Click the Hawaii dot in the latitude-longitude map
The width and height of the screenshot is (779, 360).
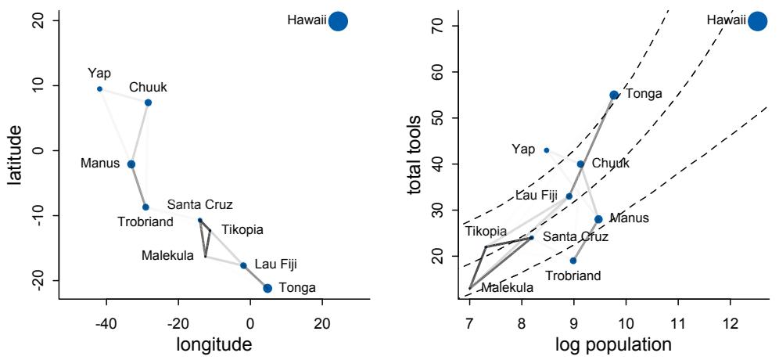[x=338, y=21]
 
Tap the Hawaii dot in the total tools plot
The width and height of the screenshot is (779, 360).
[x=756, y=21]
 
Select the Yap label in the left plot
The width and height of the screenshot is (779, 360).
[x=99, y=74]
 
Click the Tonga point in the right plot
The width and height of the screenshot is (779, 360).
[x=614, y=95]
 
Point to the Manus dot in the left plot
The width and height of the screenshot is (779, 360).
[x=131, y=164]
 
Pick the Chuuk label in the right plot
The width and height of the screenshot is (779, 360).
[x=610, y=164]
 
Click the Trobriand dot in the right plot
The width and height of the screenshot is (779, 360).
[x=573, y=261]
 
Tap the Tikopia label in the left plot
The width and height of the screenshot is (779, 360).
[x=242, y=229]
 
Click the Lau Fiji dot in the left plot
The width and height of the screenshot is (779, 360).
[x=243, y=265]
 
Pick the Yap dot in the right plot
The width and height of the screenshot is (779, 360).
[x=547, y=149]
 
